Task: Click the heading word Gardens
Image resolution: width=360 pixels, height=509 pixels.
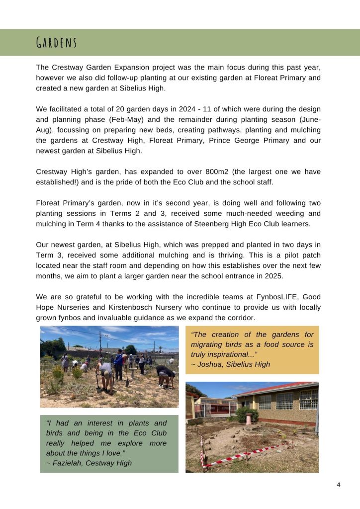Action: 57,43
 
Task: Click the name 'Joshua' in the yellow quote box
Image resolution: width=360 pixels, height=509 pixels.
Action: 210,364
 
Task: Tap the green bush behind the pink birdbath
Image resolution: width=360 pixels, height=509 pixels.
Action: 247,413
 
